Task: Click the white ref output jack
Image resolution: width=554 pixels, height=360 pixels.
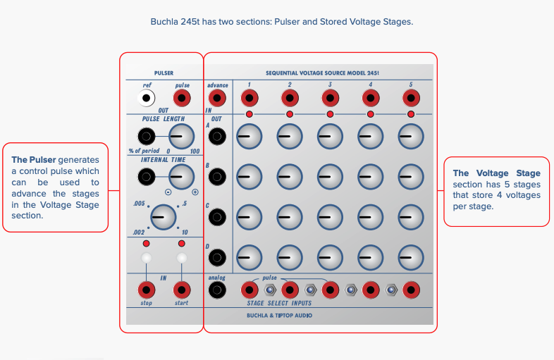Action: tap(146, 99)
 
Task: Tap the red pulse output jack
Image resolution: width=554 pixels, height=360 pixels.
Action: tap(182, 99)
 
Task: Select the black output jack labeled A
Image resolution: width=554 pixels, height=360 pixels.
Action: tap(217, 137)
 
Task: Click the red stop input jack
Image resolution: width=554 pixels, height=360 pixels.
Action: tap(146, 289)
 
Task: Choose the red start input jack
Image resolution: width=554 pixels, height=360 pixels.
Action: tap(182, 289)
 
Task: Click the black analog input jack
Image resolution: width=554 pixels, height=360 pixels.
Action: tap(217, 289)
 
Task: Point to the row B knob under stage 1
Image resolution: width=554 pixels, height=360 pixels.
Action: tap(248, 176)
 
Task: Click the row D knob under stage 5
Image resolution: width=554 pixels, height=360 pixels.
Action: tap(411, 257)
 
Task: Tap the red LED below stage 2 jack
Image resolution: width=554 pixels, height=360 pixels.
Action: tap(290, 114)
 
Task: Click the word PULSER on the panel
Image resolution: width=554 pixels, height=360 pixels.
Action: tap(164, 73)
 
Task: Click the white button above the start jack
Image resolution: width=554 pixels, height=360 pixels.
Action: tap(182, 258)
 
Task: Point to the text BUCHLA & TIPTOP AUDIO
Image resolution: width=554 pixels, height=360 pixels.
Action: tap(279, 316)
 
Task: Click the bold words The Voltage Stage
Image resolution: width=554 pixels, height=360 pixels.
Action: tap(496, 173)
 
